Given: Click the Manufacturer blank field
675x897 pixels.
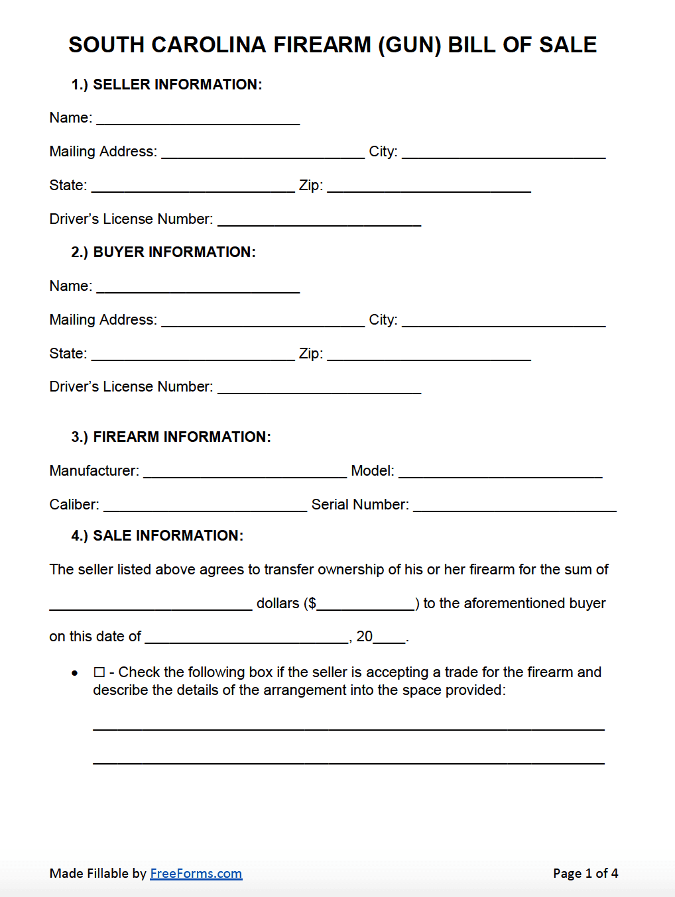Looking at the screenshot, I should click(245, 471).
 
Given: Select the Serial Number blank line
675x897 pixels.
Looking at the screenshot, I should click(515, 505).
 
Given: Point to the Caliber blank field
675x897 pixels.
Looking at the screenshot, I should click(206, 505).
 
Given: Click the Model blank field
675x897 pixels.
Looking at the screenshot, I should click(501, 471).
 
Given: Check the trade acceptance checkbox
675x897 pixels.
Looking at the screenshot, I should click(99, 672).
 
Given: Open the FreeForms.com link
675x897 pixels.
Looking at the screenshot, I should click(196, 873).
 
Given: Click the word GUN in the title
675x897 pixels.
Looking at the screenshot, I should click(409, 45).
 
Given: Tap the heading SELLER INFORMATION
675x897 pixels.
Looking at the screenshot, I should click(177, 85).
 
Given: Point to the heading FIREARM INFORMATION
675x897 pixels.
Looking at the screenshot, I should click(182, 437).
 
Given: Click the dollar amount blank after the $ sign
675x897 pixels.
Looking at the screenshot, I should click(365, 604).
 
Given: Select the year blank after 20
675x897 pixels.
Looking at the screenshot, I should click(389, 637).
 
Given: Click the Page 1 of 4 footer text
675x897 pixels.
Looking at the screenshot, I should click(585, 873).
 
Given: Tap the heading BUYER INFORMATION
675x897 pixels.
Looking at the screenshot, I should click(174, 252).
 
